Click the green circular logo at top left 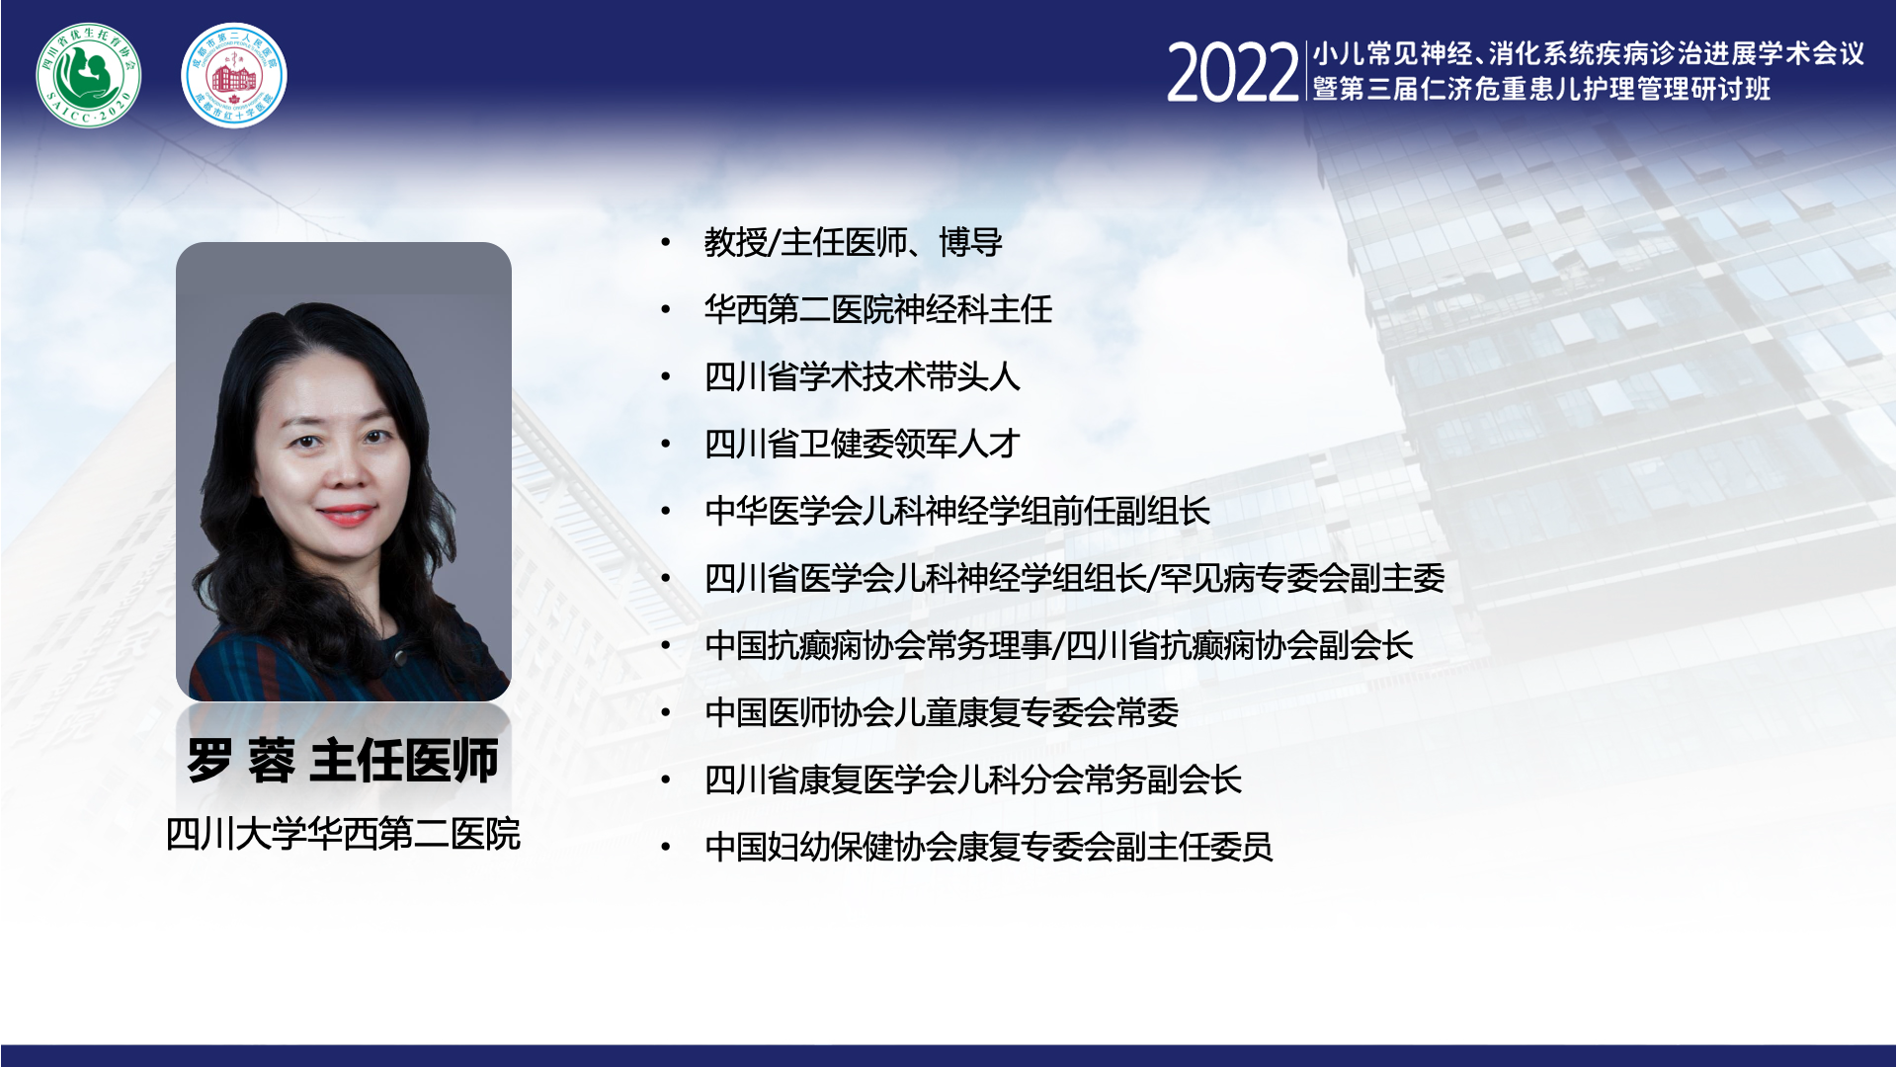[89, 75]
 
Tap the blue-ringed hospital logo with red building [234, 75]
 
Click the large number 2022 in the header [1232, 73]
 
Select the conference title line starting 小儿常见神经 [1588, 53]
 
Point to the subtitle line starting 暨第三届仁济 [1541, 89]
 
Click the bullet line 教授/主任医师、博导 [854, 242]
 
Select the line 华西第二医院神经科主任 [878, 309]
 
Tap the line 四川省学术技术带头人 [862, 376]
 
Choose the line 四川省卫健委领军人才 [862, 444]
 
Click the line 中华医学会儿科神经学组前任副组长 [957, 511]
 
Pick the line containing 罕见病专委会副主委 [1075, 578]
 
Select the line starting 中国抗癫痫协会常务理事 [1059, 645]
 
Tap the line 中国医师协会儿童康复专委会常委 [942, 712]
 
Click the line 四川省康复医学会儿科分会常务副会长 [973, 780]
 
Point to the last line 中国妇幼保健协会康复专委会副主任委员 [989, 847]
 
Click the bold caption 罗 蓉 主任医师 [343, 761]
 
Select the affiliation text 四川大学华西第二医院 [343, 834]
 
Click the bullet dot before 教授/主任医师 [666, 243]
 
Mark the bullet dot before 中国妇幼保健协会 [666, 848]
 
